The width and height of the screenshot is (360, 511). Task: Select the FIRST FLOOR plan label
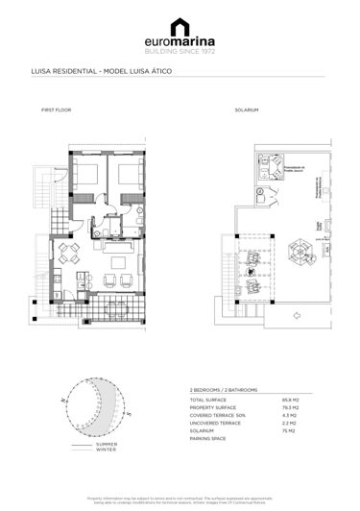click(56, 110)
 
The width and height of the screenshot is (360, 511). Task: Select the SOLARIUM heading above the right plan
click(247, 110)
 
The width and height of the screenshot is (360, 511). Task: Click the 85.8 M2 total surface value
click(316, 399)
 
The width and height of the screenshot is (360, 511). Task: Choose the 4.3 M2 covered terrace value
click(316, 414)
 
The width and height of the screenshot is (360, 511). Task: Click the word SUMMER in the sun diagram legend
click(106, 444)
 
